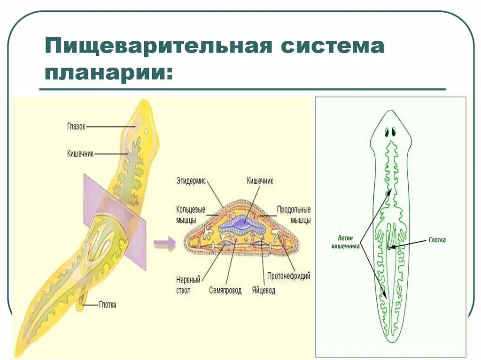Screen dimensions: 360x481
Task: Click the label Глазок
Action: (76, 126)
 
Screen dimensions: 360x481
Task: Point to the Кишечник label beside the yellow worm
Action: (80, 153)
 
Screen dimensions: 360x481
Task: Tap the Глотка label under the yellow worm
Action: (107, 305)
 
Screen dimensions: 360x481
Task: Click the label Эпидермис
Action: (191, 180)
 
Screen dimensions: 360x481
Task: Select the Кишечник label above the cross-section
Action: (260, 180)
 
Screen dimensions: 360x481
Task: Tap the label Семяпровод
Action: (225, 291)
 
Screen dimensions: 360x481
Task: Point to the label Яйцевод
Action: (263, 291)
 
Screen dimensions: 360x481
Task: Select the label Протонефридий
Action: (288, 276)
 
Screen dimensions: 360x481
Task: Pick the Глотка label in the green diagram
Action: (437, 240)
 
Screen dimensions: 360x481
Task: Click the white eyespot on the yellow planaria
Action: (136, 127)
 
